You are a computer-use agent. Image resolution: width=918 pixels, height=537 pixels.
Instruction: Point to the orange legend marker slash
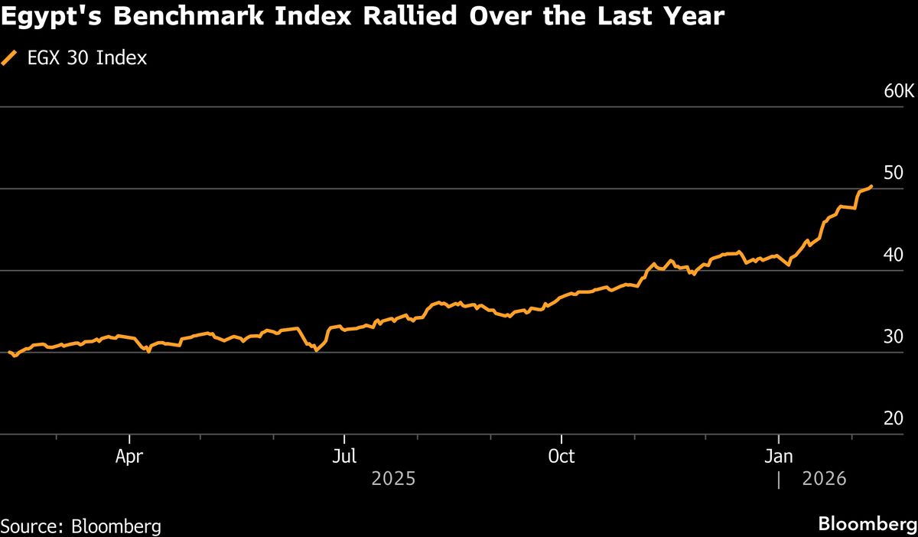pyautogui.click(x=10, y=57)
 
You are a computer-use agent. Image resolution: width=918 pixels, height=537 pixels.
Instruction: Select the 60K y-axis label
pyautogui.click(x=898, y=92)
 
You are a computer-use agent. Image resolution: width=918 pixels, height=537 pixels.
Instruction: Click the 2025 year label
pyautogui.click(x=393, y=479)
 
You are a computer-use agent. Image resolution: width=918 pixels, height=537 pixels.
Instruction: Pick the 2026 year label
pyautogui.click(x=825, y=479)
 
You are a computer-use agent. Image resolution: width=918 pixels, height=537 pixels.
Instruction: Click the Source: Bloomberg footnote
pyautogui.click(x=81, y=526)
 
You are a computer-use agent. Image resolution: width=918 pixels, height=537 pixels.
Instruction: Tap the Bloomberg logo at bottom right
pyautogui.click(x=868, y=525)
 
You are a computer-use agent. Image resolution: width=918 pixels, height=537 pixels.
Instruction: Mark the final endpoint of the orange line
pyautogui.click(x=872, y=186)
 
